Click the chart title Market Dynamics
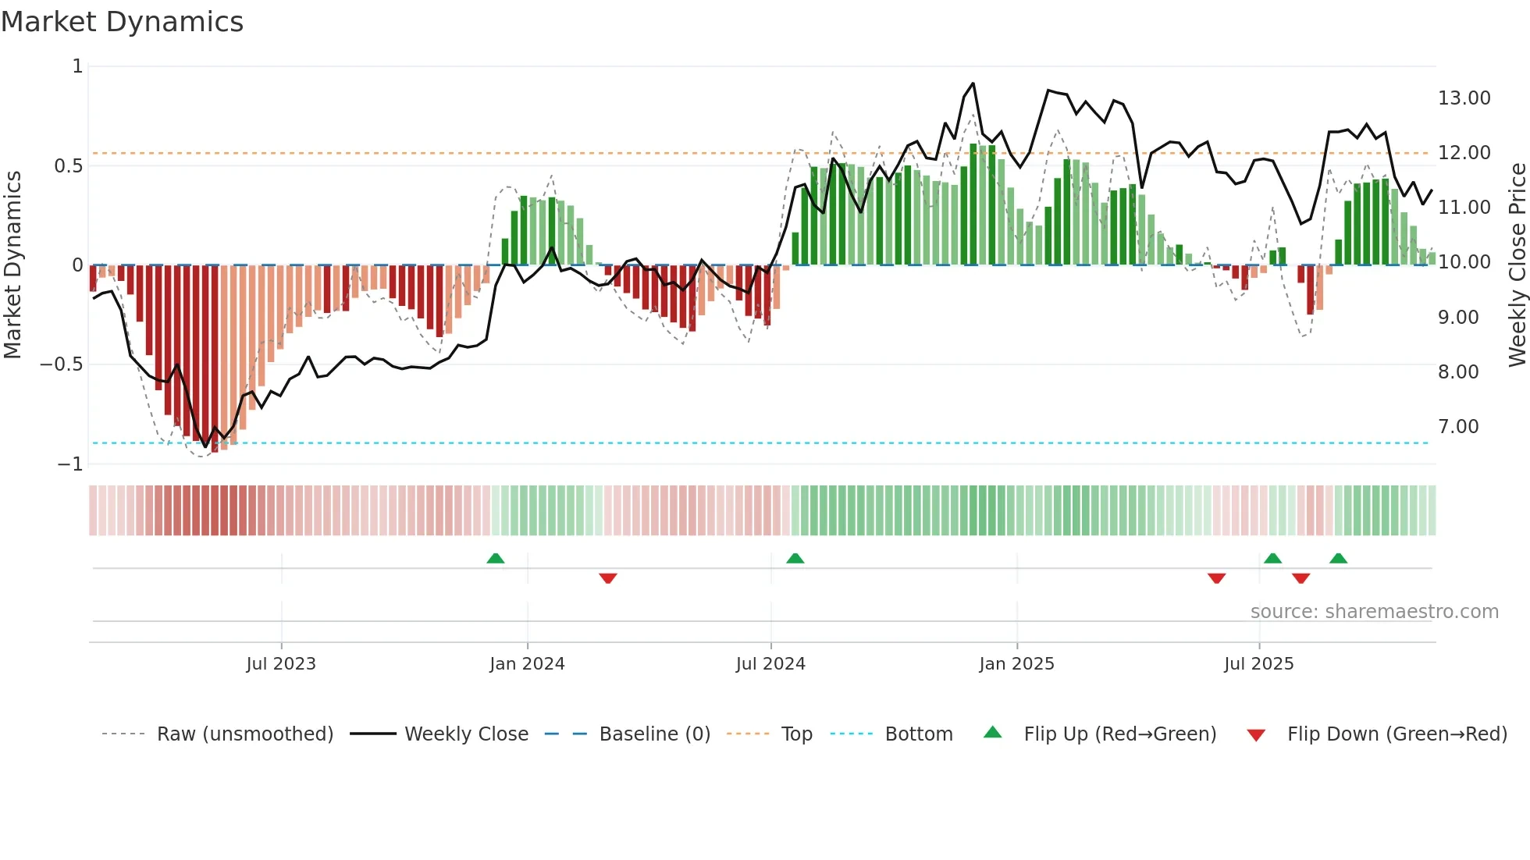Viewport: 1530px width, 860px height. (123, 22)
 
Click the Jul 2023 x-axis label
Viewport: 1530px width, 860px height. (281, 664)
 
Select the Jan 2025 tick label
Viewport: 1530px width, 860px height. (1016, 664)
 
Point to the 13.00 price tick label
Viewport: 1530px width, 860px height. (1464, 98)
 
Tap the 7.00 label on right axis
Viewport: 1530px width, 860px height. (1458, 427)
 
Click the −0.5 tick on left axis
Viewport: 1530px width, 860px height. (61, 364)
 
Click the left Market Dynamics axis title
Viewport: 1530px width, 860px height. (12, 265)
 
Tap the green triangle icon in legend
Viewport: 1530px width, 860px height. (992, 732)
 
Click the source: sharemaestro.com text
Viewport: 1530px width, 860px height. (1374, 612)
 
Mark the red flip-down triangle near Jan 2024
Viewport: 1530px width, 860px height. (608, 578)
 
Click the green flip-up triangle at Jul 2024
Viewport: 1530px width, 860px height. (795, 558)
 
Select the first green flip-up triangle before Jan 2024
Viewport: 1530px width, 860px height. (496, 558)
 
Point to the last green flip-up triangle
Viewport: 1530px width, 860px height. (1338, 558)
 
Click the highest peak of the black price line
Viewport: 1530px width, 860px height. (973, 84)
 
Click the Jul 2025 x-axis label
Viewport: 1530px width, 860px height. (1258, 664)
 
